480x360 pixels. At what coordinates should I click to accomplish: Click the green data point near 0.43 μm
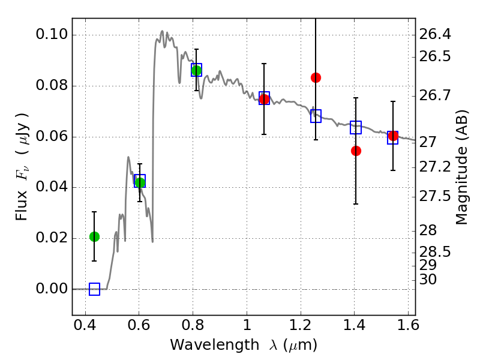94,236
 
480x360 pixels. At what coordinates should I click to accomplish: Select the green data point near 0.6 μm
140,182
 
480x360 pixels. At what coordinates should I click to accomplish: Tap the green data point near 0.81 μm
196,71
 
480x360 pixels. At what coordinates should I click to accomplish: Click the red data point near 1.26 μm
316,77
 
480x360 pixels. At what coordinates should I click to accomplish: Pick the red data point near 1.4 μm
356,151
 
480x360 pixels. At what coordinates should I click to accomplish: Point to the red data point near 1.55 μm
393,136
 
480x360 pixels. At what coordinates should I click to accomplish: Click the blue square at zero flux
94,289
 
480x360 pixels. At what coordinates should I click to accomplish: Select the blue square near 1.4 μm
356,127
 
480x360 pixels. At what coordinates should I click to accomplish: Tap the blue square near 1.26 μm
316,116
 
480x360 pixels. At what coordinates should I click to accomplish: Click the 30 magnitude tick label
428,280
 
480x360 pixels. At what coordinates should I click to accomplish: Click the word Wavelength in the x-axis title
205,345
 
